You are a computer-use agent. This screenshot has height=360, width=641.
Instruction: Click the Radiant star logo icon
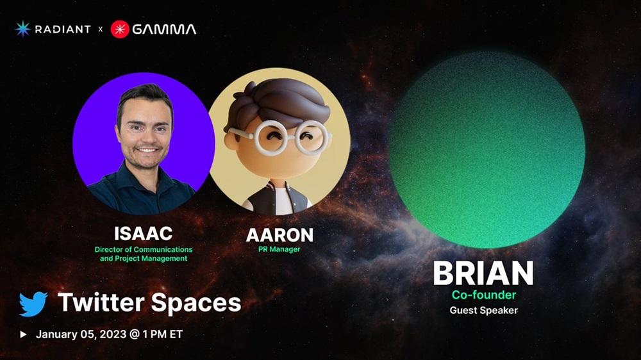pyautogui.click(x=23, y=29)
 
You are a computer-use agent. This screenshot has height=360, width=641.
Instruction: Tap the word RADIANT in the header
pyautogui.click(x=63, y=29)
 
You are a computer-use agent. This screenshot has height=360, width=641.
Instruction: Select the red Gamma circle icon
pyautogui.click(x=120, y=29)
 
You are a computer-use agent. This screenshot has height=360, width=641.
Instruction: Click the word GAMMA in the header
pyautogui.click(x=164, y=29)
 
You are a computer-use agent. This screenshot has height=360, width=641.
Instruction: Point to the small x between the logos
pyautogui.click(x=101, y=29)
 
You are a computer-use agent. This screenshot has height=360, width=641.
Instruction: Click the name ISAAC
pyautogui.click(x=143, y=234)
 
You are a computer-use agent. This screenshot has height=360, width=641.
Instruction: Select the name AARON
pyautogui.click(x=279, y=235)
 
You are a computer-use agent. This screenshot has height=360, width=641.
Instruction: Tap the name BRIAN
pyautogui.click(x=483, y=273)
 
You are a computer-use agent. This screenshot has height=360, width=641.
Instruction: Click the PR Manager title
pyautogui.click(x=279, y=249)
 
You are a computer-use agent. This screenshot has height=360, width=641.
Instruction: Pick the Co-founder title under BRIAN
pyautogui.click(x=483, y=295)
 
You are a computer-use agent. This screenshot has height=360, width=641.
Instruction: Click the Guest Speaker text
pyautogui.click(x=483, y=310)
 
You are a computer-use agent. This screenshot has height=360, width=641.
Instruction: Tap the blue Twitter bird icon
pyautogui.click(x=33, y=304)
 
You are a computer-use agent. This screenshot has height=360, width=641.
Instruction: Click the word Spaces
pyautogui.click(x=196, y=303)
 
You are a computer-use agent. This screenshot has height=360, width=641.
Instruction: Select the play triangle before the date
pyautogui.click(x=23, y=334)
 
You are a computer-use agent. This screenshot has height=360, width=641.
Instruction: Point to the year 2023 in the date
pyautogui.click(x=113, y=334)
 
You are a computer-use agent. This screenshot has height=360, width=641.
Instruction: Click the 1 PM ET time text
pyautogui.click(x=162, y=334)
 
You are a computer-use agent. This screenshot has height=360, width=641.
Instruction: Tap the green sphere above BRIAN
pyautogui.click(x=487, y=149)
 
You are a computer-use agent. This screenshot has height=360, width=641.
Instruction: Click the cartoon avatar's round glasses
pyautogui.click(x=280, y=137)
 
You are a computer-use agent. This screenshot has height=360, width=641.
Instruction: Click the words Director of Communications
pyautogui.click(x=144, y=249)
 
